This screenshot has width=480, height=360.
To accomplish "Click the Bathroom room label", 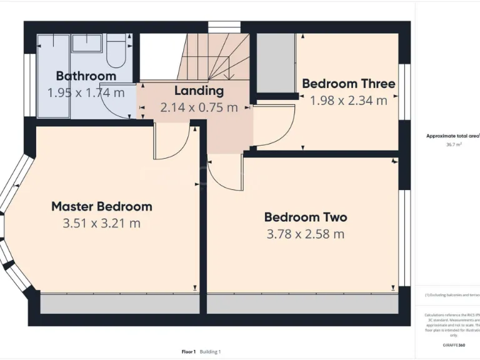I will pos(86,76).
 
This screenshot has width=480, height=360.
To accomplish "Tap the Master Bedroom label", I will pos(102,206).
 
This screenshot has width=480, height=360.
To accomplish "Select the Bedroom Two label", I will pos(306,217).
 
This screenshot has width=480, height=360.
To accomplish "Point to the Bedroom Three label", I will pos(348,84).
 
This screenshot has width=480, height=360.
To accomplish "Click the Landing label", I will pos(199,91).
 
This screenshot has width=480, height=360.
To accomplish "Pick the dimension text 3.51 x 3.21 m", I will pos(102,223).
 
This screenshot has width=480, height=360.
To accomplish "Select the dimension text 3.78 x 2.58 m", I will pos(306,234).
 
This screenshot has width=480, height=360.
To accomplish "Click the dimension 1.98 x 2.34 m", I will pos(349,101).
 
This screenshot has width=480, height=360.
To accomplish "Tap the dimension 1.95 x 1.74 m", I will pos(86,93).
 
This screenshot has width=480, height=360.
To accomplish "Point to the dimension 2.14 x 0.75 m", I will pos(199,107).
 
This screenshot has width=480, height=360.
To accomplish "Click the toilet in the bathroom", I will pos(116,51).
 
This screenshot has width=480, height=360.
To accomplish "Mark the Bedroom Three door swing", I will pos(275,125).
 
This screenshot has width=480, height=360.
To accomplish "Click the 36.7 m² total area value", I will pos(454,144).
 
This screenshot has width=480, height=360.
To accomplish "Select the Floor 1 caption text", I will pos(188,352).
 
